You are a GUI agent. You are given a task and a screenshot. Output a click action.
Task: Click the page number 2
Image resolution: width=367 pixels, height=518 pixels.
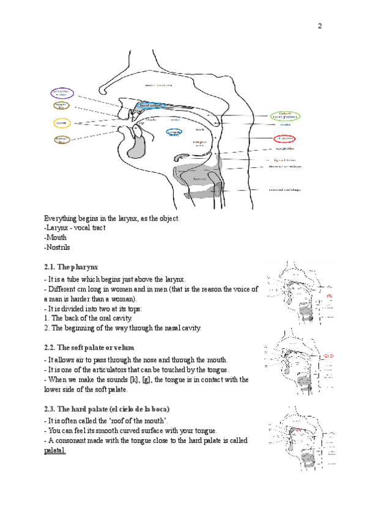click(x=319, y=26)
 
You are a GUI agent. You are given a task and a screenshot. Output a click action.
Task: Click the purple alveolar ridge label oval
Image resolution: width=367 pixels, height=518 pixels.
click(x=62, y=93)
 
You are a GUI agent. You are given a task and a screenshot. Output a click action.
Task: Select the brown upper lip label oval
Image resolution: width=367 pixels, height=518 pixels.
click(x=62, y=106)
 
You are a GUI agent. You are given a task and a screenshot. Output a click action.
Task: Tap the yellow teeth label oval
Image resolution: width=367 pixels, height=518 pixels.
click(x=62, y=123)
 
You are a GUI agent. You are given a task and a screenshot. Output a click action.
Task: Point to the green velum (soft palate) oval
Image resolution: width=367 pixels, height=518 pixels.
click(x=285, y=116)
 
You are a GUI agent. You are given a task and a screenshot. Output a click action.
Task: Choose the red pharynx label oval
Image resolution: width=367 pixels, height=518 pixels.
click(x=286, y=139)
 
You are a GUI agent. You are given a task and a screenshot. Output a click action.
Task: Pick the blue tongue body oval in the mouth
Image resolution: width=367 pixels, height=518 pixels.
click(x=174, y=132)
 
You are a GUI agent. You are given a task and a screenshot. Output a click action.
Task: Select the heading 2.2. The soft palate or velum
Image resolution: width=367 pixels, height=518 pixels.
click(x=89, y=347)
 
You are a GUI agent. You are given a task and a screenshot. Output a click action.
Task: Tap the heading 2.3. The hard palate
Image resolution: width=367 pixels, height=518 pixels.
click(x=106, y=408)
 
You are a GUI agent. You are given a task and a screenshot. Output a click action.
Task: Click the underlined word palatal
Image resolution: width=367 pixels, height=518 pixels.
click(x=55, y=451)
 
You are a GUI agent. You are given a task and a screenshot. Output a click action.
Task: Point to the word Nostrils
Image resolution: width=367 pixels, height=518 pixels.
click(x=58, y=247)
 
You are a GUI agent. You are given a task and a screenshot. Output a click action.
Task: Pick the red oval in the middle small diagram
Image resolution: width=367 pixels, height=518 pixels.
click(x=330, y=354)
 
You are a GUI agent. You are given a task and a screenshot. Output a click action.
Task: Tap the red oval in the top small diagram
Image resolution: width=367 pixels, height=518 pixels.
click(x=330, y=296)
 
